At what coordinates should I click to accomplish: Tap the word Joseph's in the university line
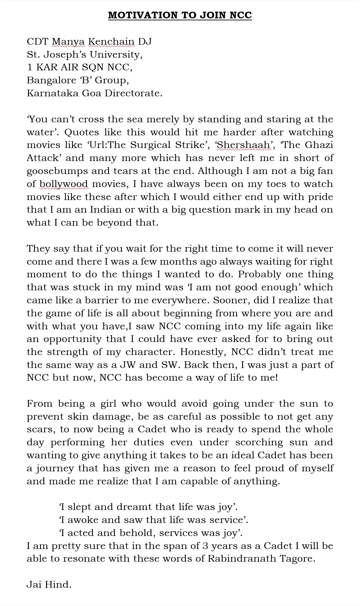79,54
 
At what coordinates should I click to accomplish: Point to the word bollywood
64,184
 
